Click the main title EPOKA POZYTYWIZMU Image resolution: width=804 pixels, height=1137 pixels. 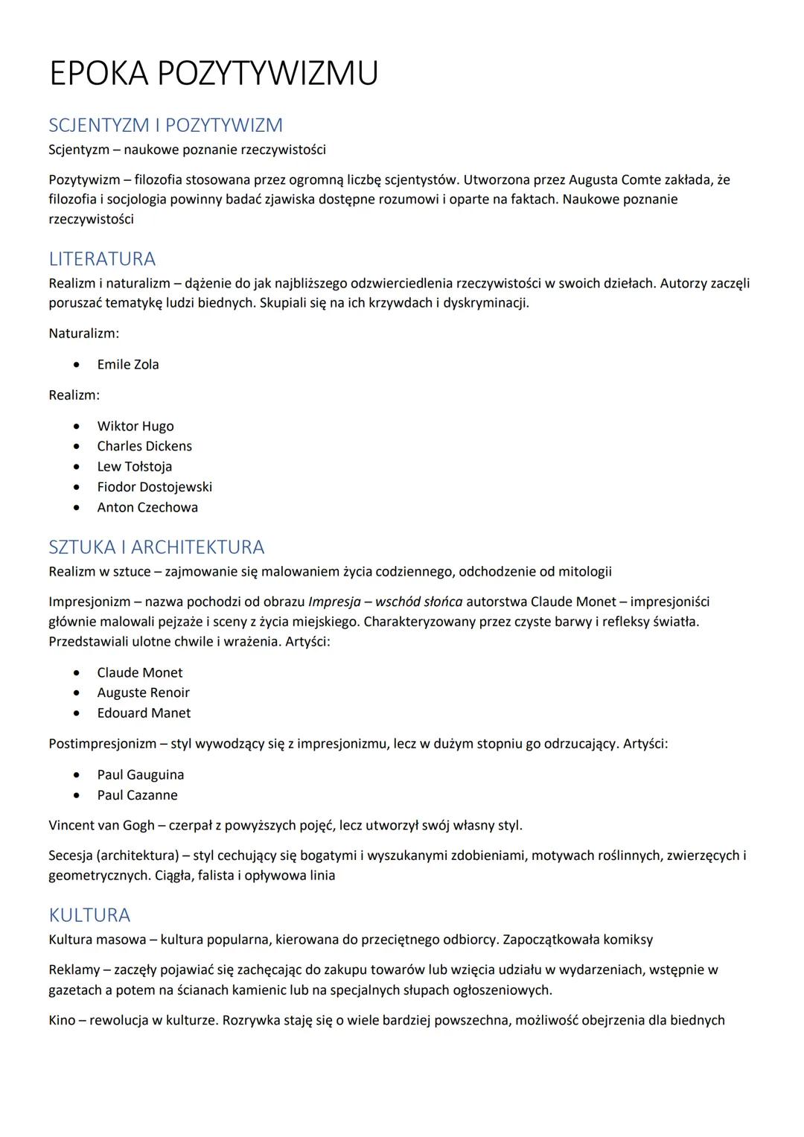point(214,74)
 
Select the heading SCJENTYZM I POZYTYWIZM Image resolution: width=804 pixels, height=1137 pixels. point(165,125)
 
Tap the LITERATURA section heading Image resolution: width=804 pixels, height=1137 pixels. point(102,259)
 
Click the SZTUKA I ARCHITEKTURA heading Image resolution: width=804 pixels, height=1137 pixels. point(156,547)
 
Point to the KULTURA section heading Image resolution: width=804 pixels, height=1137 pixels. point(89,915)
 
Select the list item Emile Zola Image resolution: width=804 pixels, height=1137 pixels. point(128,365)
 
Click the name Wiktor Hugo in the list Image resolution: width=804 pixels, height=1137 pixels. point(135,427)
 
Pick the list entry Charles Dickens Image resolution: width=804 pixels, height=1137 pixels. point(144,447)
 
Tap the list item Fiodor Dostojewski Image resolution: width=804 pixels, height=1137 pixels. point(154,487)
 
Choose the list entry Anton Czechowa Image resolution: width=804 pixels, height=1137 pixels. point(147,508)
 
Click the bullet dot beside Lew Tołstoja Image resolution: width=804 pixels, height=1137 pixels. point(77,468)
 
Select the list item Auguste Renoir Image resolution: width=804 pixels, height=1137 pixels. point(143,693)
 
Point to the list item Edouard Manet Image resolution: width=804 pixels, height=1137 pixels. point(144,713)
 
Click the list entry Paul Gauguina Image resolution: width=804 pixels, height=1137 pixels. point(140,775)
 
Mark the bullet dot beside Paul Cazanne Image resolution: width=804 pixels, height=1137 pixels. point(77,796)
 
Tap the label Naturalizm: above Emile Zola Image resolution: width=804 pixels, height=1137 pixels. point(84,334)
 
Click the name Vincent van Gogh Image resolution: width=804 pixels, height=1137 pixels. point(102,826)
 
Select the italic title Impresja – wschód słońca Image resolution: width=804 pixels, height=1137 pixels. point(385,602)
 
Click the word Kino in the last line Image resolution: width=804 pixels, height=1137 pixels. point(62,1020)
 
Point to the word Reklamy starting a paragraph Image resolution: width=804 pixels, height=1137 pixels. point(72,970)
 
